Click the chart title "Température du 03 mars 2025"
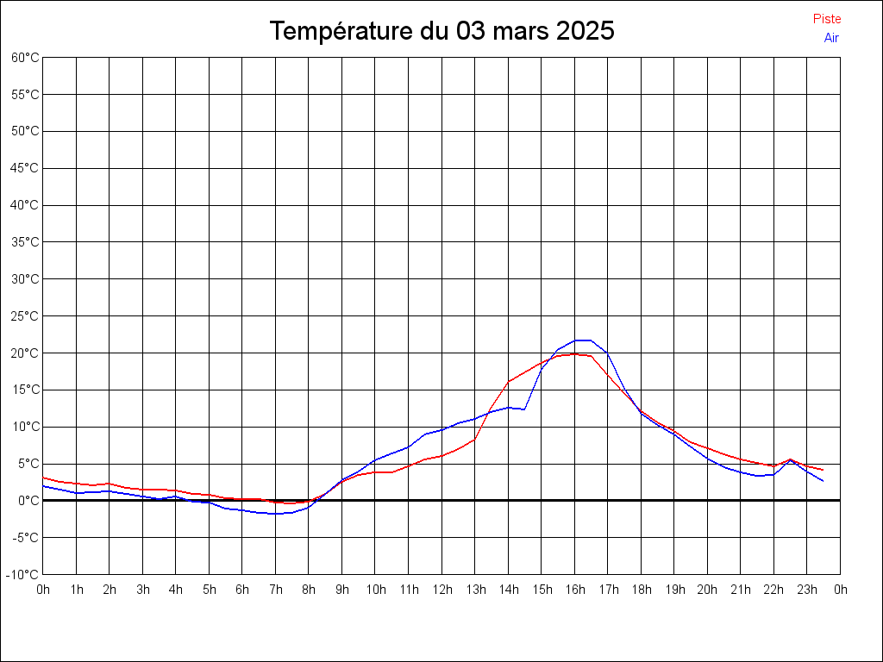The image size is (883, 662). pos(441,31)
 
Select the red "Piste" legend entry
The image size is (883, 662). pos(826,19)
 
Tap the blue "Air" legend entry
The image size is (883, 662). pos(831,38)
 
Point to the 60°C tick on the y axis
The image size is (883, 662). pos(25,58)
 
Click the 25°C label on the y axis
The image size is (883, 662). pos(25,316)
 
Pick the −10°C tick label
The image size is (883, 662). pos(23,575)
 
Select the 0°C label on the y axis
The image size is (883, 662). pos(28,501)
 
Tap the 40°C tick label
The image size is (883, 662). pos(25,205)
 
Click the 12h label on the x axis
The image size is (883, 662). pos(441,590)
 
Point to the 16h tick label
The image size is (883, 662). pos(574,590)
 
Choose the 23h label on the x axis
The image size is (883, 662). pos(807,590)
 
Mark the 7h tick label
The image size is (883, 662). pos(276,590)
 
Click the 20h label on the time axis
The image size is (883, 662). pos(707,590)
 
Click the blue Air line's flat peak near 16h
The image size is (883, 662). pos(583,340)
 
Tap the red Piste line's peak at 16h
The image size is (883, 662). pos(575,353)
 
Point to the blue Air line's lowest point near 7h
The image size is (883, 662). pos(276,514)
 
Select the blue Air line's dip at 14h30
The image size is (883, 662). pos(524,409)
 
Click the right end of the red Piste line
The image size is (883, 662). pos(824,470)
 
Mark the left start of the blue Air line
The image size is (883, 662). pos(43,486)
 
